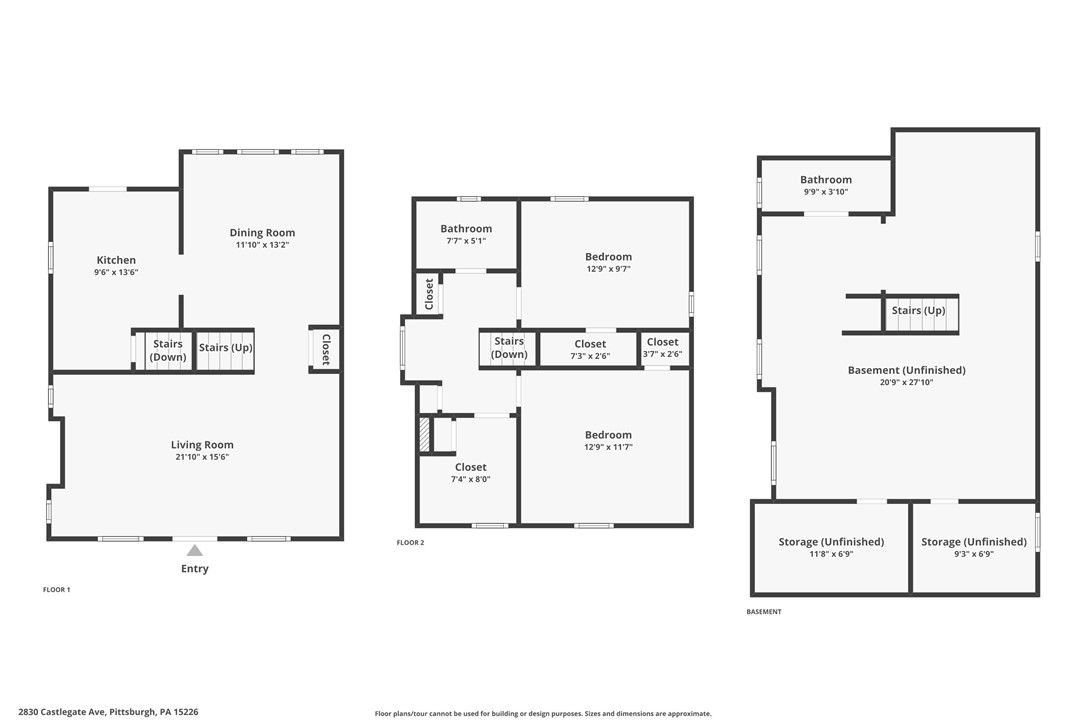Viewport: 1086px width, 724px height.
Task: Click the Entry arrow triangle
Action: click(x=195, y=550)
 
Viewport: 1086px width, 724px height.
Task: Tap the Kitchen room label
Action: click(x=116, y=260)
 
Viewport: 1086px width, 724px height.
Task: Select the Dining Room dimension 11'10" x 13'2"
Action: click(x=262, y=245)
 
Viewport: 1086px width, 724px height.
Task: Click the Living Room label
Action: click(x=202, y=445)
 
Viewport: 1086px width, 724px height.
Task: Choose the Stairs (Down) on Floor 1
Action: click(x=168, y=351)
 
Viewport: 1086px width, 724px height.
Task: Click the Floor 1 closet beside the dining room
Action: click(x=324, y=348)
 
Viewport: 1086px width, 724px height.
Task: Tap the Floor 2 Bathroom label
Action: click(x=466, y=229)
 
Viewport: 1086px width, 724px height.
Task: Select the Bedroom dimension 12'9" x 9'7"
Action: click(x=608, y=269)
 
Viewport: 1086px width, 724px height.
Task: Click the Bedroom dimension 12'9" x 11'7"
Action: click(x=608, y=447)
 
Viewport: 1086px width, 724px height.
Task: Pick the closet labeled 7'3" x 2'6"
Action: click(x=589, y=348)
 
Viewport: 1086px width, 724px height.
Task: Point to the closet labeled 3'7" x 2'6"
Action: click(x=664, y=348)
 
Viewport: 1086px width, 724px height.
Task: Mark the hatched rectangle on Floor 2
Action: click(x=425, y=434)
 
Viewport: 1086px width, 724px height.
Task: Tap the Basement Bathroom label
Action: click(x=826, y=179)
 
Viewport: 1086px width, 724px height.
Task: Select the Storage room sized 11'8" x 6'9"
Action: click(x=831, y=547)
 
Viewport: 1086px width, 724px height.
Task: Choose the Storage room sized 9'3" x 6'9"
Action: click(x=974, y=547)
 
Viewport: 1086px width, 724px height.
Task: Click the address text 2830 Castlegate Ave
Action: click(x=62, y=712)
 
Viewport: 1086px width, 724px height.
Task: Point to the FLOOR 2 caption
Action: click(x=410, y=542)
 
